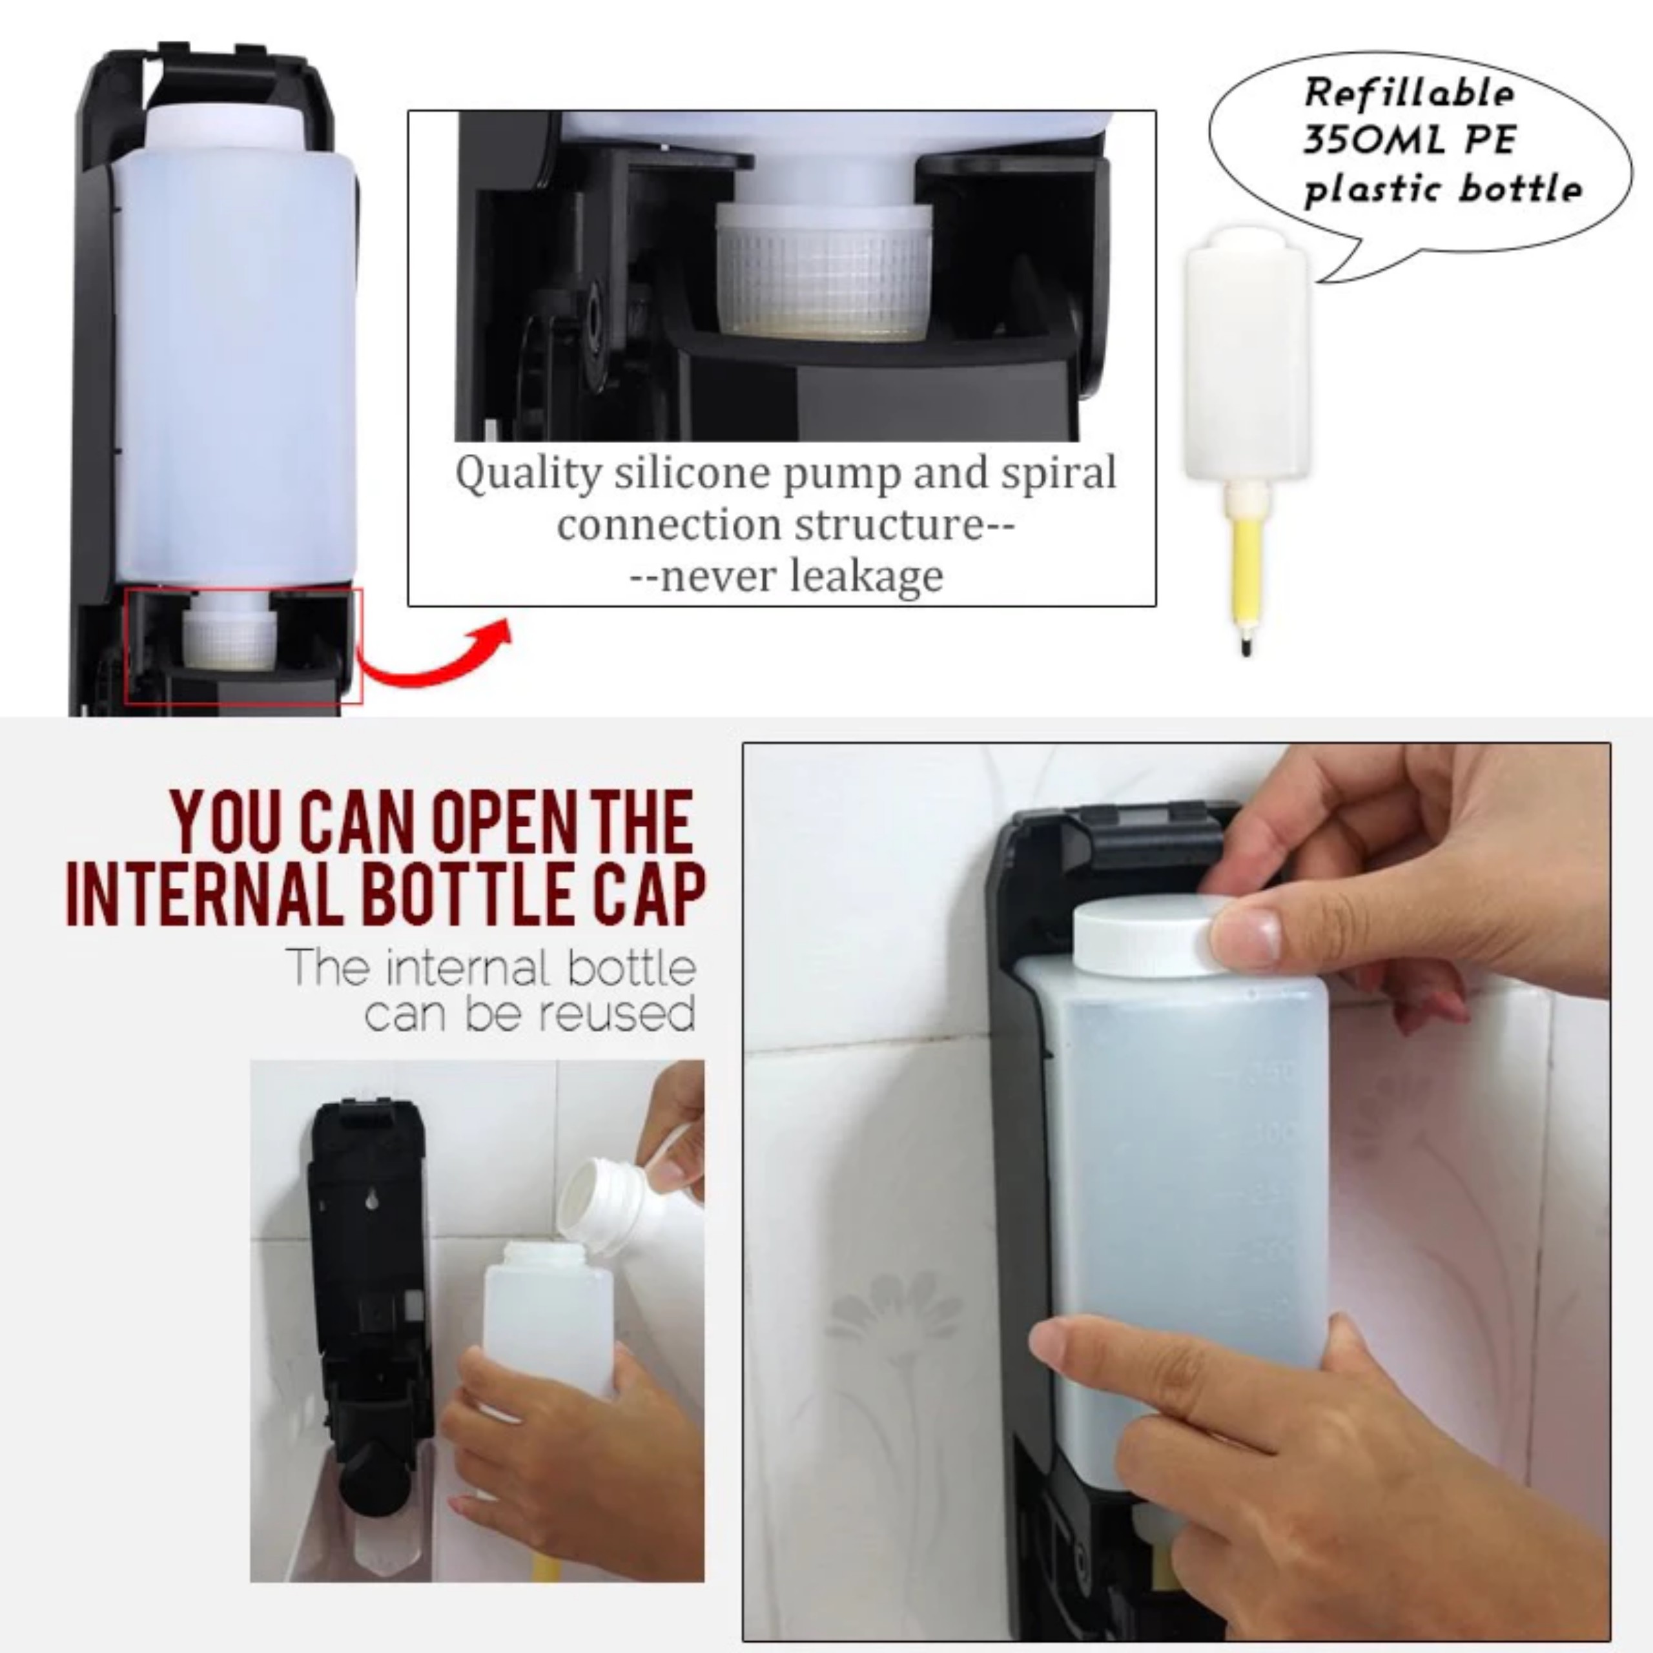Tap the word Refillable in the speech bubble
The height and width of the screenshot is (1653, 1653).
click(x=1408, y=92)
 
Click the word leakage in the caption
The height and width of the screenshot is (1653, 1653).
click(x=866, y=576)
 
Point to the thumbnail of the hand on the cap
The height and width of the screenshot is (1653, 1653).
click(x=1246, y=934)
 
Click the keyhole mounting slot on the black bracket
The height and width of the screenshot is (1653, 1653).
click(x=371, y=1200)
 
